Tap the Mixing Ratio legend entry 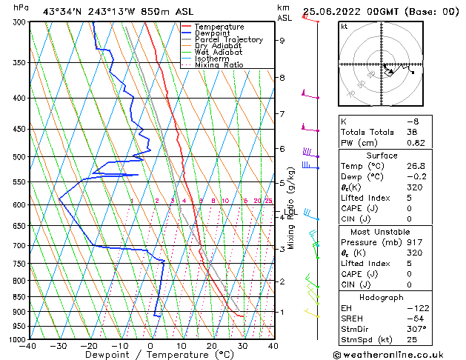coord(219,65)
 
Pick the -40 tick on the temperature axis coord(29,345)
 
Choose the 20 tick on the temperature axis coord(212,345)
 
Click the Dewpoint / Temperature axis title coord(150,355)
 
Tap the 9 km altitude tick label coord(282,41)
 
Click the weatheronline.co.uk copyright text coord(399,354)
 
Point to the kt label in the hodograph coord(344,27)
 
